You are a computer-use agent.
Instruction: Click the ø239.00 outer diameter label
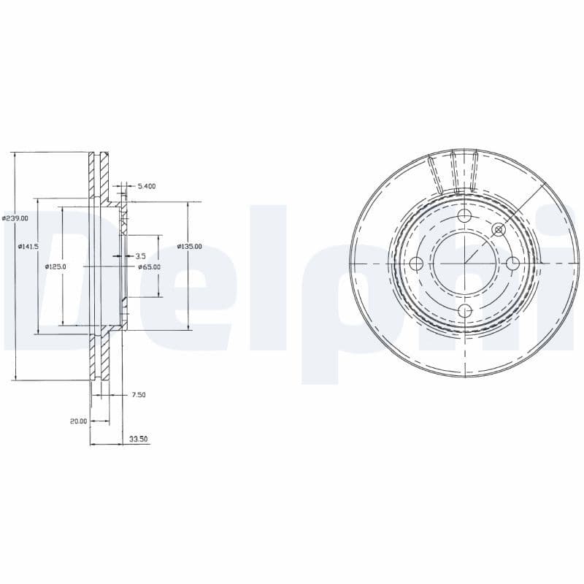click(x=15, y=218)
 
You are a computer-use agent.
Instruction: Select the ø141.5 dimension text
click(x=28, y=247)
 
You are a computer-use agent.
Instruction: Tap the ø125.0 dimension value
click(x=55, y=267)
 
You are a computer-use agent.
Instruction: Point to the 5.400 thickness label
click(x=146, y=186)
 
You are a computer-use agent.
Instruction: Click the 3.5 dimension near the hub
click(x=140, y=256)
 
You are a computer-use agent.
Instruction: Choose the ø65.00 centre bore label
click(x=149, y=267)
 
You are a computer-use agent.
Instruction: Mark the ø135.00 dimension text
click(x=190, y=247)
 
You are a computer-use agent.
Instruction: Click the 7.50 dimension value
click(x=138, y=395)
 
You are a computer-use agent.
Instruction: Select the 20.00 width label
click(x=78, y=421)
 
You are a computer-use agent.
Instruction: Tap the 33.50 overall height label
click(x=138, y=439)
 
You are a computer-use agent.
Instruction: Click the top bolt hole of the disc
click(x=465, y=216)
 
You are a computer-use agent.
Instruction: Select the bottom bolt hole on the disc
click(x=465, y=312)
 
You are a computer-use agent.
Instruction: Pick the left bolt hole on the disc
click(x=417, y=264)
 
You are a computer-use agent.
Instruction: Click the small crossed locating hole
click(x=499, y=230)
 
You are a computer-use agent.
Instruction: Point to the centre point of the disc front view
click(x=465, y=264)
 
